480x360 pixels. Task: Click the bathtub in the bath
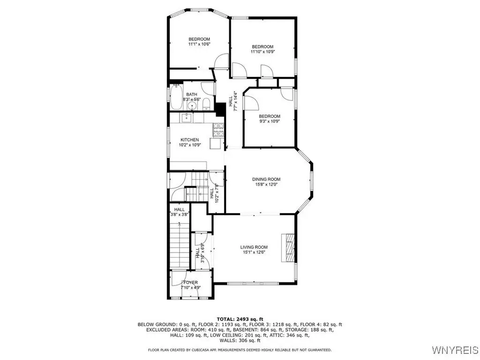[x=176, y=97]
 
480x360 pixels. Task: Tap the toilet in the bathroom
[x=206, y=104]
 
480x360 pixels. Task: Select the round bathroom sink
[x=192, y=106]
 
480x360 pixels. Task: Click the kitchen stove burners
[x=218, y=129]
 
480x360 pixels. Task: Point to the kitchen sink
[x=186, y=118]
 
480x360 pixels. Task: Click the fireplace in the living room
[x=288, y=248]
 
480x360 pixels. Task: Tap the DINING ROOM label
[x=266, y=180]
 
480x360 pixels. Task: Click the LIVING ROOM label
[x=254, y=247]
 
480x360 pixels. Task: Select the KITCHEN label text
[x=190, y=140]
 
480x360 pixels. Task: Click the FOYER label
[x=190, y=283]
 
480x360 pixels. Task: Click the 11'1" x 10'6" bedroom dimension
[x=199, y=44]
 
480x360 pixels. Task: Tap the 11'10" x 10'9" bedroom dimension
[x=262, y=52]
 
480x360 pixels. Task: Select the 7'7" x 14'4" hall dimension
[x=236, y=101]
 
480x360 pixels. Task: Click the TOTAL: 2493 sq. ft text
[x=240, y=319]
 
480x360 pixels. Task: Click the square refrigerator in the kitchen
[x=216, y=143]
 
